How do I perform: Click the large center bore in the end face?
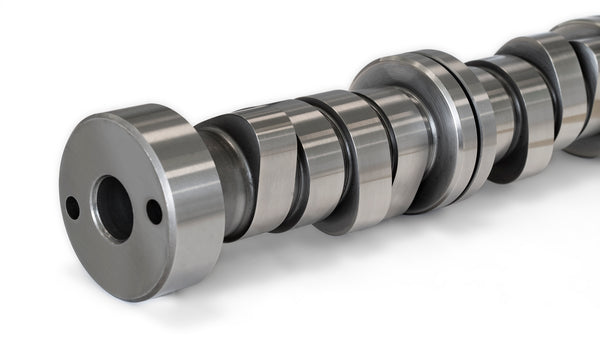113,208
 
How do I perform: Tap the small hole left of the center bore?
72,208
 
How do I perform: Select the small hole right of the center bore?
154,211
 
